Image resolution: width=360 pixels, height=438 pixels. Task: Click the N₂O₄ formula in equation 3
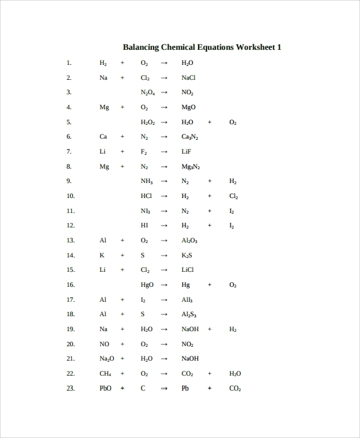pyautogui.click(x=148, y=93)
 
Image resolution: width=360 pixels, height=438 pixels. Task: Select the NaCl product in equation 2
pyautogui.click(x=188, y=77)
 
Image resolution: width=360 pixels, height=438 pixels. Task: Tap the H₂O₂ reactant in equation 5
pyautogui.click(x=148, y=122)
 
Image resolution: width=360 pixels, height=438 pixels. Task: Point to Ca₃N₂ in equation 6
pyautogui.click(x=190, y=137)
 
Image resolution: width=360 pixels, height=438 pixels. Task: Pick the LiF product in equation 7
pyautogui.click(x=187, y=151)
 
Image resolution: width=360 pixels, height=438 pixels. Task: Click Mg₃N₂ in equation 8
pyautogui.click(x=190, y=167)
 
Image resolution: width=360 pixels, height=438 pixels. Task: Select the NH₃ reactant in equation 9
pyautogui.click(x=146, y=181)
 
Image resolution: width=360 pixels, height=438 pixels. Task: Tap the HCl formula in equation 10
pyautogui.click(x=146, y=196)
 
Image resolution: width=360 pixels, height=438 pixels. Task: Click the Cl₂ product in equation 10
pyautogui.click(x=233, y=196)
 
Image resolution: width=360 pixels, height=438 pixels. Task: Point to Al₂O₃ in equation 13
pyautogui.click(x=189, y=241)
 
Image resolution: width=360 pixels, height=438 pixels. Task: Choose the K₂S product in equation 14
pyautogui.click(x=187, y=255)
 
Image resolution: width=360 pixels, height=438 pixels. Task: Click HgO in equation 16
pyautogui.click(x=147, y=284)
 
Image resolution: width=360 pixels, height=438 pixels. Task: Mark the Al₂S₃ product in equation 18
pyautogui.click(x=188, y=314)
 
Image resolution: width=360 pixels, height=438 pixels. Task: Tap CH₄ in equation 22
pyautogui.click(x=106, y=374)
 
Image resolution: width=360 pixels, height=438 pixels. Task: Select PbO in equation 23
pyautogui.click(x=106, y=388)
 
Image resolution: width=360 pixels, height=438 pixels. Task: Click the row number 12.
pyautogui.click(x=70, y=226)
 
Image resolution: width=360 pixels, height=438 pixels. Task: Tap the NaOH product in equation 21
pyautogui.click(x=190, y=359)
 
